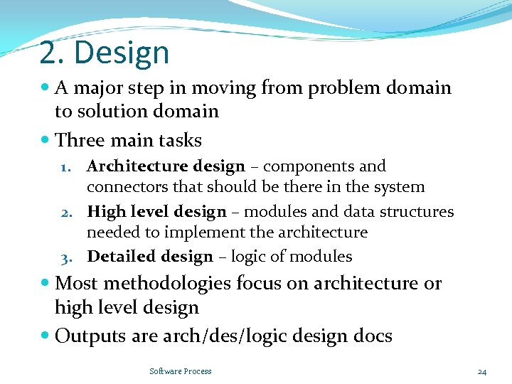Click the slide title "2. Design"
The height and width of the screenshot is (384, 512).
point(105,53)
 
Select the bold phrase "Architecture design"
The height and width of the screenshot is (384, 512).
point(165,166)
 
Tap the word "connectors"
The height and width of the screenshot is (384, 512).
point(124,187)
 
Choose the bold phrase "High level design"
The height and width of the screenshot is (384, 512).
point(156,212)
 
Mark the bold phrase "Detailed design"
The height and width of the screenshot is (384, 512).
point(149,257)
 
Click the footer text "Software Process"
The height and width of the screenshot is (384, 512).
point(181,371)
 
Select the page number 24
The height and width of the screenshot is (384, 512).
point(481,371)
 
